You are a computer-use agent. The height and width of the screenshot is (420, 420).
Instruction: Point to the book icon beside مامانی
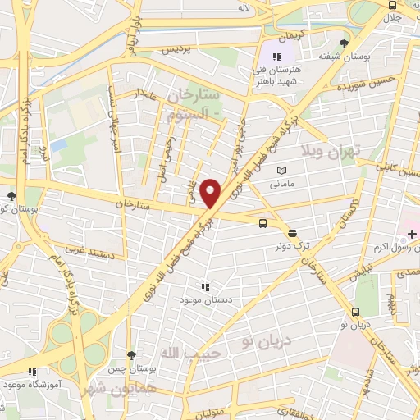(x=281, y=170)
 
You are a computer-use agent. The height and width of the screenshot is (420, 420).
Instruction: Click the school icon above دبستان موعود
(x=204, y=287)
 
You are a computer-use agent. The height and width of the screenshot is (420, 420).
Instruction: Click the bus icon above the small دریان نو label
(x=355, y=313)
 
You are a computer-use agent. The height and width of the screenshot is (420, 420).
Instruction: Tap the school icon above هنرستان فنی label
(x=277, y=57)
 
